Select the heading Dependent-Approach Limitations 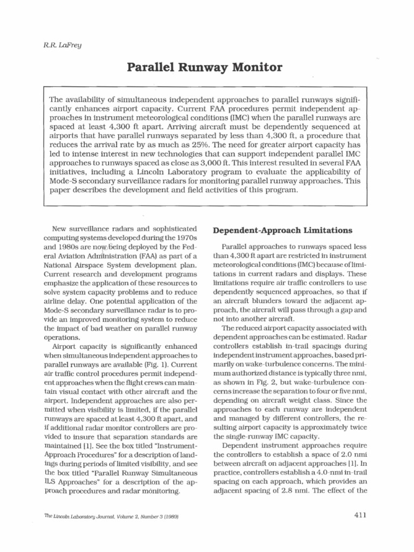pos(283,230)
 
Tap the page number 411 pos(361,515)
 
